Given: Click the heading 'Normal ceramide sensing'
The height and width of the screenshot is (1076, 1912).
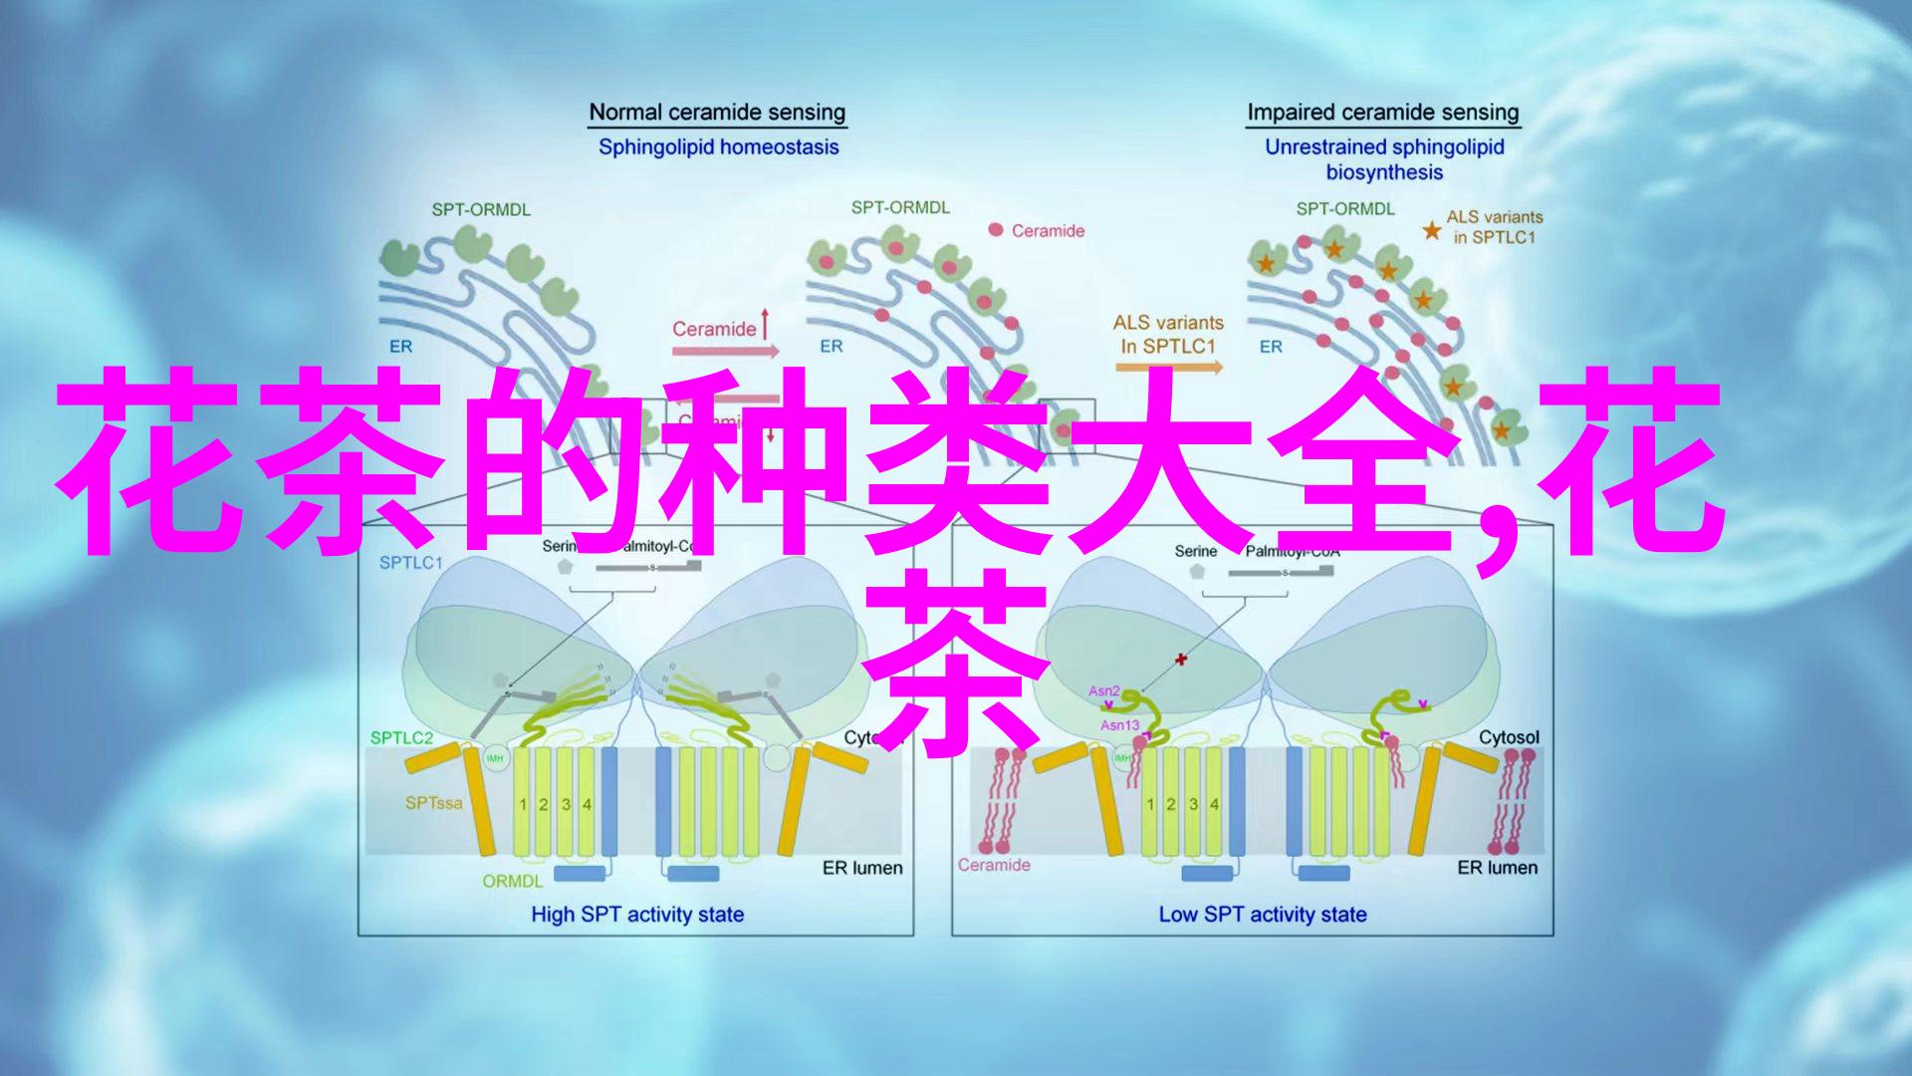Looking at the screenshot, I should click(717, 113).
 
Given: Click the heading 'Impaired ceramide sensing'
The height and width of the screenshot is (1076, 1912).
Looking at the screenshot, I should click(1382, 113).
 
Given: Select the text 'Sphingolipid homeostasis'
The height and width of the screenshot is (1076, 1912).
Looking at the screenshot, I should click(718, 147).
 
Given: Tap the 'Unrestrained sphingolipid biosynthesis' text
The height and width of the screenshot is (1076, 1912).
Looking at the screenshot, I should click(1384, 159).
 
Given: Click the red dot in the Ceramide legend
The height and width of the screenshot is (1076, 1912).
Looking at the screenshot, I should click(995, 230).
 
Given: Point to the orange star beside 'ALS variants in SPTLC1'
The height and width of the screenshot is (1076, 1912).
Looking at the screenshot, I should click(1431, 231).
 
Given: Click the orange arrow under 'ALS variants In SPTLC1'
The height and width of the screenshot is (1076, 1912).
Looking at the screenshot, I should click(1169, 367).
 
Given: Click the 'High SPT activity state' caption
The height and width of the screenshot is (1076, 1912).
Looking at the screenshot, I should click(637, 915).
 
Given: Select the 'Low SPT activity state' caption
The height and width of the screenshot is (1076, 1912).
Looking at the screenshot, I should click(1263, 915).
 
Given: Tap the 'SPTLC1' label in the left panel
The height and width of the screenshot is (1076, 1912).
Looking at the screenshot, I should click(410, 563).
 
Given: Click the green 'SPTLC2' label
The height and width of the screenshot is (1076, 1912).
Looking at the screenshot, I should click(401, 738).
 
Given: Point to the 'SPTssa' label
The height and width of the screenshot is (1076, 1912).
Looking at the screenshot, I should click(433, 803).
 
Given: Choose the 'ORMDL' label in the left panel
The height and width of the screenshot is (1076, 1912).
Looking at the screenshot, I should click(512, 882).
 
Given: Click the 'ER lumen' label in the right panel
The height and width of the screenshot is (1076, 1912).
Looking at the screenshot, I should click(1497, 868).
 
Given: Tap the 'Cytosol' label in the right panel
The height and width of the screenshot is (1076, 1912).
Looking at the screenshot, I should click(1508, 737).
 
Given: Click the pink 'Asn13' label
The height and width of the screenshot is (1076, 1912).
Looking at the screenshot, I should click(1119, 725).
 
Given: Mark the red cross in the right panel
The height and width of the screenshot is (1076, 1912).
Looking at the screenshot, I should click(1181, 659).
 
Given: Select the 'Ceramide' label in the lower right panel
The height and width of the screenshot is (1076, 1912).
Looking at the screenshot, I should click(993, 865).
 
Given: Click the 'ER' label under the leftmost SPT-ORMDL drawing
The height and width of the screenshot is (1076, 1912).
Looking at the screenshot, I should click(400, 347).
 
